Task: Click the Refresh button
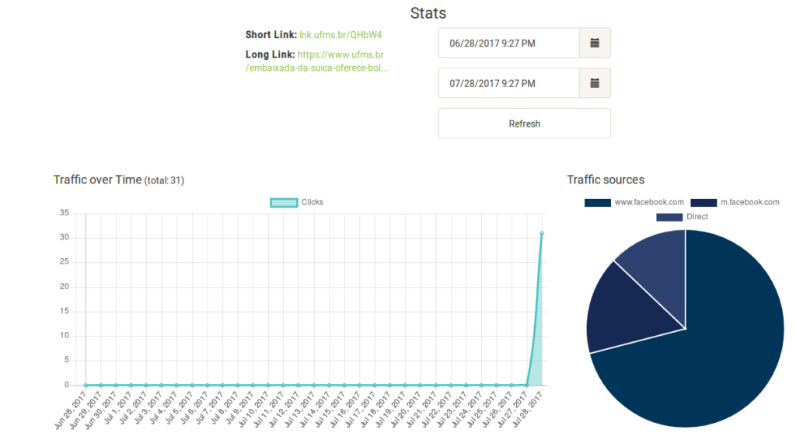(524, 124)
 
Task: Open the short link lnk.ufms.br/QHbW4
(340, 35)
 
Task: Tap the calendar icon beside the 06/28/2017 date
(595, 44)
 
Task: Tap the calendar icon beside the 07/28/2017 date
(595, 83)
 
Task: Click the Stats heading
(428, 13)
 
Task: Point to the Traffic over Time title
(98, 180)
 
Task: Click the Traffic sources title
(606, 180)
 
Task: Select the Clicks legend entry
(297, 202)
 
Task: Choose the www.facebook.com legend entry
(634, 202)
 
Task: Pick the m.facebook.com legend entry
(735, 202)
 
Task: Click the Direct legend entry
(682, 217)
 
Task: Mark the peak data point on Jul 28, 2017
(541, 233)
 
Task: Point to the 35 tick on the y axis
(65, 213)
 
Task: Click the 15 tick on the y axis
(65, 311)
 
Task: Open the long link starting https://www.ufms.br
(340, 55)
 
